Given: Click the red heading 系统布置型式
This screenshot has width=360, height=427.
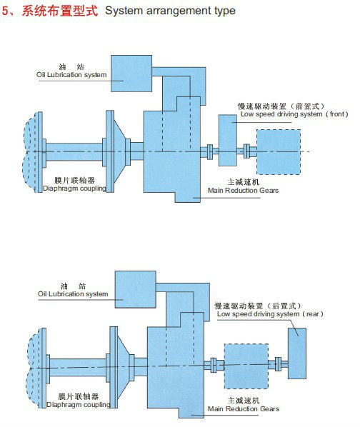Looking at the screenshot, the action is [x=59, y=11].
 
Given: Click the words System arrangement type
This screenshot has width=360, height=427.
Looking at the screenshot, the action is [x=170, y=11].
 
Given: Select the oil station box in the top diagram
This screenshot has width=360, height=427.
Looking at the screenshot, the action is [x=131, y=74].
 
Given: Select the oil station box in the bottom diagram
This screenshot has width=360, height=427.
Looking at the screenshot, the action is [x=135, y=289].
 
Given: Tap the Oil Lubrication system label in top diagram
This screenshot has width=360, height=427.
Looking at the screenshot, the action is [x=71, y=74].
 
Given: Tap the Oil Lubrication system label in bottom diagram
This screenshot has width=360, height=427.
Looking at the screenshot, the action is [x=73, y=294].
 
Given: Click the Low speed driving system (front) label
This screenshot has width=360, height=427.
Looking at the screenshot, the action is [x=294, y=114].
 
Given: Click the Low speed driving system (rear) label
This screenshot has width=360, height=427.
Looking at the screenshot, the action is [x=270, y=314].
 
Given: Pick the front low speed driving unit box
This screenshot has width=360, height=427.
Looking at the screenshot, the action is [x=228, y=140].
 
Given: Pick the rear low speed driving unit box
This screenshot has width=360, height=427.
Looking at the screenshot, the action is [x=297, y=353].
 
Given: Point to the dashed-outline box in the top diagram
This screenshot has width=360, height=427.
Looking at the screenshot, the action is [x=279, y=152].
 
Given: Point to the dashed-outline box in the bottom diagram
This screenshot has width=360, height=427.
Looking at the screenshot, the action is [x=246, y=366].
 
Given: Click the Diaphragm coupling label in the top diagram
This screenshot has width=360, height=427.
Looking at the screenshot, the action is [x=74, y=189].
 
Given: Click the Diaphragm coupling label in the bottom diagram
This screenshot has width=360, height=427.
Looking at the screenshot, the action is [x=79, y=405].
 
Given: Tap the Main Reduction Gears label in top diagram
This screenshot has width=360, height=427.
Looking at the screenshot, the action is [x=243, y=191].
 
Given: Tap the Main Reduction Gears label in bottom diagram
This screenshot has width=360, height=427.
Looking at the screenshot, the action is [x=244, y=408].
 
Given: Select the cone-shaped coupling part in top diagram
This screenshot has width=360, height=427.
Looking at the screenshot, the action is [x=119, y=151].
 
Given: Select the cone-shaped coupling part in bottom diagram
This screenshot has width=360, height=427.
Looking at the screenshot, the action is [x=123, y=367].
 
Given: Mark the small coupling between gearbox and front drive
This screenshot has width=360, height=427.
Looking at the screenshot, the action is [x=210, y=151].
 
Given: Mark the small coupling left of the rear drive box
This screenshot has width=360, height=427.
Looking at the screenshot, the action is [x=278, y=364].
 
